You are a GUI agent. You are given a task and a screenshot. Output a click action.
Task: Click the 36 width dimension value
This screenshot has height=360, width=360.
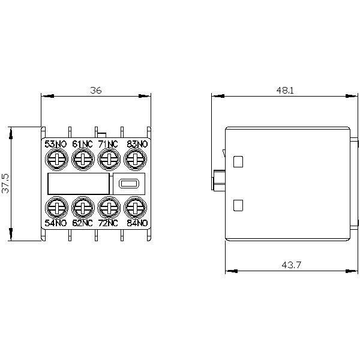[96, 90]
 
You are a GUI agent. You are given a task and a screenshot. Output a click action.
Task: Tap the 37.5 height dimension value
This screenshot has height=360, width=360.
[5, 183]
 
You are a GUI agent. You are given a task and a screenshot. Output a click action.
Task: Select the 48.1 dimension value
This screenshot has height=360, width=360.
[285, 90]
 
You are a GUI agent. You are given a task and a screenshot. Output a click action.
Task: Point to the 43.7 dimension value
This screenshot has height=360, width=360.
[292, 265]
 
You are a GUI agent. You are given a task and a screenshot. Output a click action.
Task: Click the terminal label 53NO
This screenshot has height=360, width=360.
[56, 144]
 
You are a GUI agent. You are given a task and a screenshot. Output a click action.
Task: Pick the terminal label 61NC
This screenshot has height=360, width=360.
[82, 144]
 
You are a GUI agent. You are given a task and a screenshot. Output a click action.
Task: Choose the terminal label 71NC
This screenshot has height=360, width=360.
[108, 144]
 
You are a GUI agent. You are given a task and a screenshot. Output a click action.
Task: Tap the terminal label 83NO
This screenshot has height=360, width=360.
[137, 144]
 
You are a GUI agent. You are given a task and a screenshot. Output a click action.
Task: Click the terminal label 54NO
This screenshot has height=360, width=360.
[56, 223]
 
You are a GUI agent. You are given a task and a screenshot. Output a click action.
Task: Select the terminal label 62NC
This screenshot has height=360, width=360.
[82, 223]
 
